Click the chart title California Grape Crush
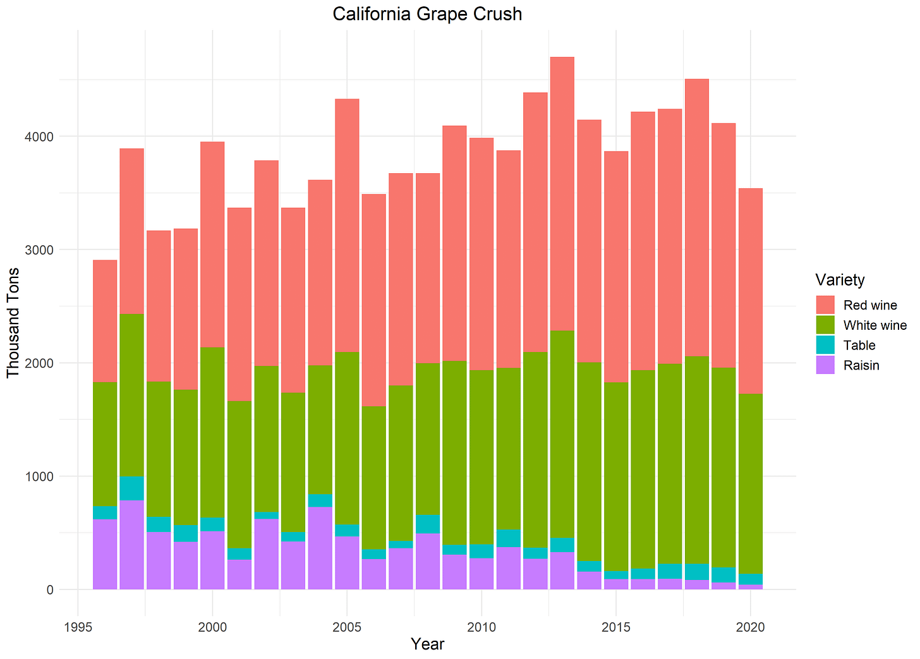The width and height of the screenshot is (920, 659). pos(427,14)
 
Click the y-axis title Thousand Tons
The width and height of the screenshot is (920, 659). pos(13,322)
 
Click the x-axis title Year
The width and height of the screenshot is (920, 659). pos(427,644)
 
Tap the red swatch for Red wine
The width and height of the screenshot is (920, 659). pos(825,305)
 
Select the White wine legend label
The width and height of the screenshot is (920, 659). pos(875,325)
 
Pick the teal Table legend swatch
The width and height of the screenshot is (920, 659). pos(825,345)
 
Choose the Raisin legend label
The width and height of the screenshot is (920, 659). pos(861,365)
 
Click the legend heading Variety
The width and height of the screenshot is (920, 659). pos(839,279)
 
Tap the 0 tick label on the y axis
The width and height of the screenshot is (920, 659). pos(49,589)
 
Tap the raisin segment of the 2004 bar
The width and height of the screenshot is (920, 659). pos(320,548)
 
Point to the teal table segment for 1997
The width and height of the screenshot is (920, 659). pos(131,488)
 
